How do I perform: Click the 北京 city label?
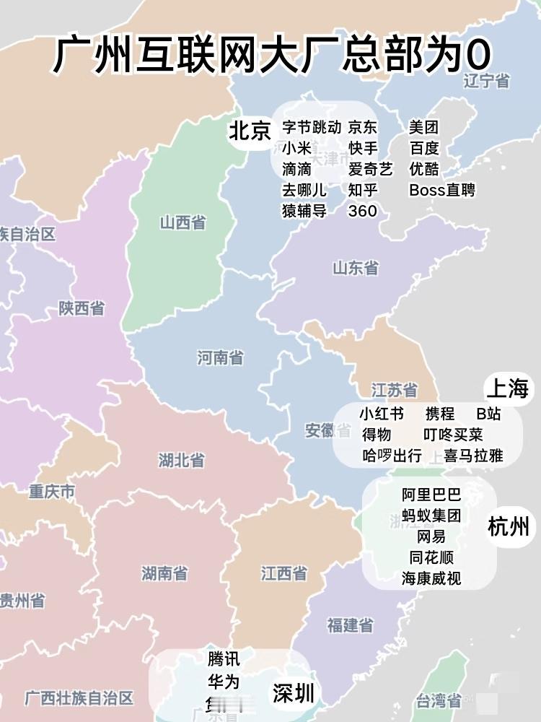point(250,131)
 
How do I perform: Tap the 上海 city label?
point(507,389)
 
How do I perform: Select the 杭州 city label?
point(509,526)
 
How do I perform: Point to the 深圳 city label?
point(294,694)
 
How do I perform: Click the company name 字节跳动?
point(312,128)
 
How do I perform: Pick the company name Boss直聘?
point(442,191)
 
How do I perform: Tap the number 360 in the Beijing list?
point(362,211)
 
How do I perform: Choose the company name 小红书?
point(382,414)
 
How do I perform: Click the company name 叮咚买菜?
point(453,435)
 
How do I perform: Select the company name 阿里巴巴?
point(431,495)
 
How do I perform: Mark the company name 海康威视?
point(431,578)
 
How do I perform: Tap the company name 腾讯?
point(224,659)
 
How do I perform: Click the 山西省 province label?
point(182,222)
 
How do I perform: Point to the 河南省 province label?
point(220,357)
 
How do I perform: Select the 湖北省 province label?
point(181,460)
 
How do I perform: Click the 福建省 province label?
point(350,625)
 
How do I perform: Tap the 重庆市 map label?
point(52,492)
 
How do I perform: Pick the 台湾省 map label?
point(439,700)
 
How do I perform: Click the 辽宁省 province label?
point(486,81)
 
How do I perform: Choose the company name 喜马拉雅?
point(473,456)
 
